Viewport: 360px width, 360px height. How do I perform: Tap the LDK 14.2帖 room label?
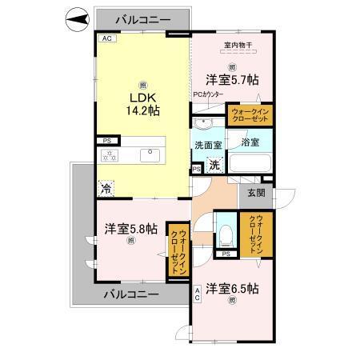click(x=142, y=104)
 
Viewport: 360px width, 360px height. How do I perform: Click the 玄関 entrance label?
click(x=256, y=192)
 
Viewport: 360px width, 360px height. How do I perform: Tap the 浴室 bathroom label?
click(x=250, y=142)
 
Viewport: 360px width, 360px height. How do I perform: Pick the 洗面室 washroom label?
click(x=208, y=146)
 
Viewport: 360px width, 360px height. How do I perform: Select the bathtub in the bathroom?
click(x=250, y=163)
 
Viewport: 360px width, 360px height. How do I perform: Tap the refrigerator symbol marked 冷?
click(x=106, y=188)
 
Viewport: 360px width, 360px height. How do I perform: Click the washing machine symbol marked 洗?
click(x=214, y=166)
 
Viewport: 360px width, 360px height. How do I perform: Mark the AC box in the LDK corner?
click(x=106, y=38)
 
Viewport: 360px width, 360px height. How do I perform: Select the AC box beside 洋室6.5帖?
click(x=197, y=294)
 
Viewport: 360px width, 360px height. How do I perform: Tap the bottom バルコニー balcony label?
click(x=131, y=294)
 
